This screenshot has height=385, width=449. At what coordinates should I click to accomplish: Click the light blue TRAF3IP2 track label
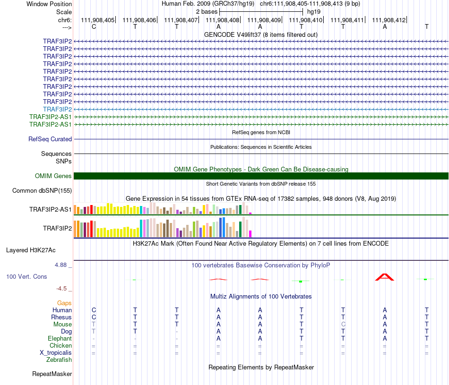(x=57, y=109)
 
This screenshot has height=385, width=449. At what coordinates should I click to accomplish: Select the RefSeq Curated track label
(x=50, y=139)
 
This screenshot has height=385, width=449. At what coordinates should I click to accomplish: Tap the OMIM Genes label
(x=53, y=176)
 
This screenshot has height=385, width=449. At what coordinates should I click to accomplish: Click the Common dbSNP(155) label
(x=42, y=191)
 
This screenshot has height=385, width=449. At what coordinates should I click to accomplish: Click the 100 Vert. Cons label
(x=26, y=276)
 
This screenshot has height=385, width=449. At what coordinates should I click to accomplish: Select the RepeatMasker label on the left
(x=52, y=374)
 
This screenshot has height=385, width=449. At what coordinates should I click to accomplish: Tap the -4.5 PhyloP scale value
(x=62, y=288)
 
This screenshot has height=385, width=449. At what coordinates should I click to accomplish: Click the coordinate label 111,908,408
(x=223, y=20)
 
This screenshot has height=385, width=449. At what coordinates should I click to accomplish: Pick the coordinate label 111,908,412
(x=389, y=20)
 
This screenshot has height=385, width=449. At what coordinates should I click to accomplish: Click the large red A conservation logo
(x=384, y=277)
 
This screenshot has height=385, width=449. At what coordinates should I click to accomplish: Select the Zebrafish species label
(x=59, y=360)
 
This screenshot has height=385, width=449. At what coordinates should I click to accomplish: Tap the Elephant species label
(x=60, y=339)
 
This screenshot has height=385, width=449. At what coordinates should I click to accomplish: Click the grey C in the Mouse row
(x=343, y=325)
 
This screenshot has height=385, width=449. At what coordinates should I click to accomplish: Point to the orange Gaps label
(x=64, y=303)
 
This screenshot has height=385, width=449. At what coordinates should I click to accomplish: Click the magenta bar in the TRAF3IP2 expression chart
(x=250, y=233)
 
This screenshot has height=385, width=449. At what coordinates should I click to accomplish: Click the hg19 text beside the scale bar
(x=314, y=11)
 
